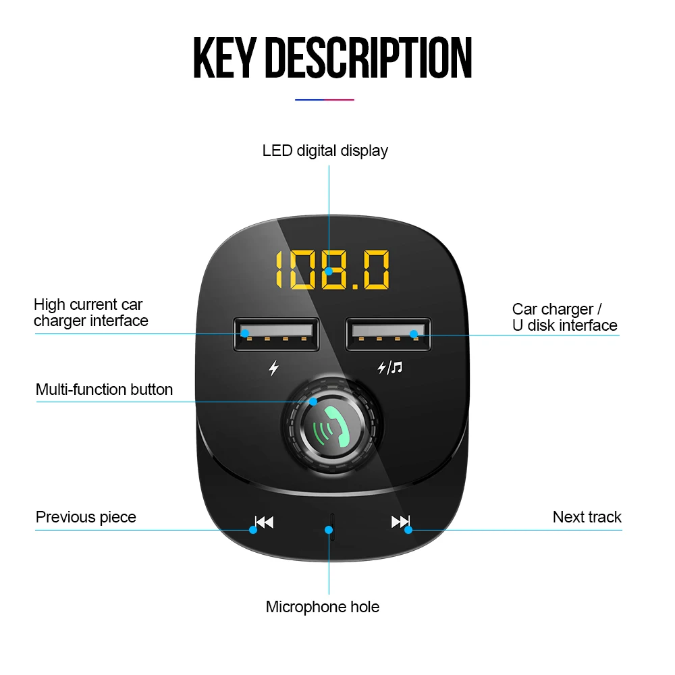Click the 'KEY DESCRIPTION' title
pos(332,59)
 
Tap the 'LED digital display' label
pos(325,151)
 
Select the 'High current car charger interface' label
pos(90,313)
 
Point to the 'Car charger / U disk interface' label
pos(564,317)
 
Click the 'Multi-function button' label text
pos(104,389)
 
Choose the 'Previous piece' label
pos(86,517)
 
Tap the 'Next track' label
pos(587,517)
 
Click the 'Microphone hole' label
pos(322,607)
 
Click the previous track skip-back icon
pos(264,522)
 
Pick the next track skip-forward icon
pos(400,521)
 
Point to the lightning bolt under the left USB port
pos(273,369)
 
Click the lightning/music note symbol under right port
pos(389,368)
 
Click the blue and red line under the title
pos(325,100)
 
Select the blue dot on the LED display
pos(329,271)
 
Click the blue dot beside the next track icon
pos(408,530)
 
